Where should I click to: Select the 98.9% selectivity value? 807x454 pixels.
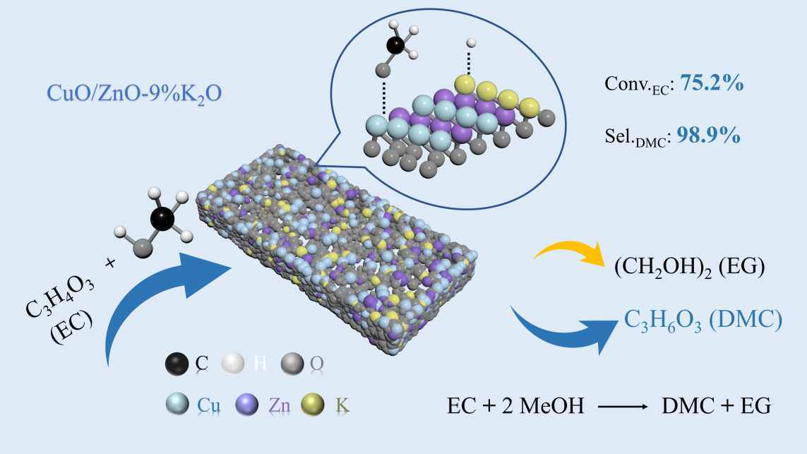(x=709, y=136)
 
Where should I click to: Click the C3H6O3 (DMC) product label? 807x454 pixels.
(x=703, y=320)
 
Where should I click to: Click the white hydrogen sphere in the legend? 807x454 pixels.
(x=232, y=364)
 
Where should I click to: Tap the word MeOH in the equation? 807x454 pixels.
(x=556, y=407)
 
